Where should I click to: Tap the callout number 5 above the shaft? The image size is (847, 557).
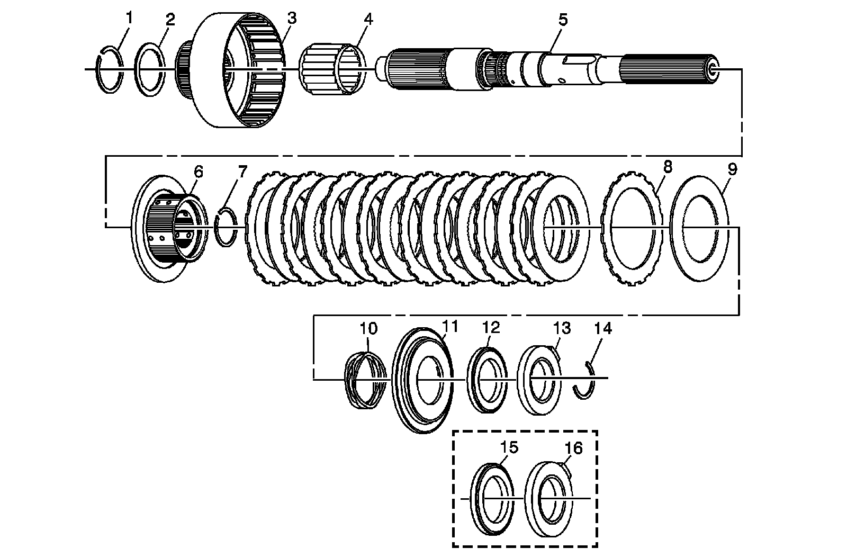coord(562,20)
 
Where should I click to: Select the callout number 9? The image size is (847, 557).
coord(732,169)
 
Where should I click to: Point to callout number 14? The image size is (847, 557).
coord(602,329)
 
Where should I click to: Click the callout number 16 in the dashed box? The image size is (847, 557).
coord(573,449)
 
